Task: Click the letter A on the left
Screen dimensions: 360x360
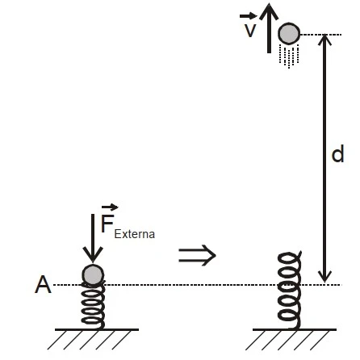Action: (43, 285)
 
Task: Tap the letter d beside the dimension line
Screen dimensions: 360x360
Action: (337, 153)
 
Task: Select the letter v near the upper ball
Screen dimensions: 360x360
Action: (250, 30)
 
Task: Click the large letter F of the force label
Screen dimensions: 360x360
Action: (107, 224)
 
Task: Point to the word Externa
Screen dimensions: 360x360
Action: (134, 234)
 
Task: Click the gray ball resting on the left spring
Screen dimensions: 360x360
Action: (93, 274)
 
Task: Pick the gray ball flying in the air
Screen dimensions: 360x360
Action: (289, 33)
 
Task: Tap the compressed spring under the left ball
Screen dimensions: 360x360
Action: (93, 305)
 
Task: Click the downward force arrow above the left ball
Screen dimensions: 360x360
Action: (93, 238)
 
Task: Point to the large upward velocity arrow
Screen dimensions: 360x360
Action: (269, 28)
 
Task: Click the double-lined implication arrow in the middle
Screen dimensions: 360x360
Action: (197, 255)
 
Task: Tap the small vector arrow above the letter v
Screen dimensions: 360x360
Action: (248, 16)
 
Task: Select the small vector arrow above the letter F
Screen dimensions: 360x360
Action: (110, 207)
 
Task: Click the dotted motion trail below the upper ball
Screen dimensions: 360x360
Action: (289, 56)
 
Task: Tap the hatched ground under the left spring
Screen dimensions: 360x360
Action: (93, 339)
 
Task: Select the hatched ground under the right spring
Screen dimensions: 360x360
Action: (291, 339)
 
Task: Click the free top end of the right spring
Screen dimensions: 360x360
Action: (300, 252)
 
